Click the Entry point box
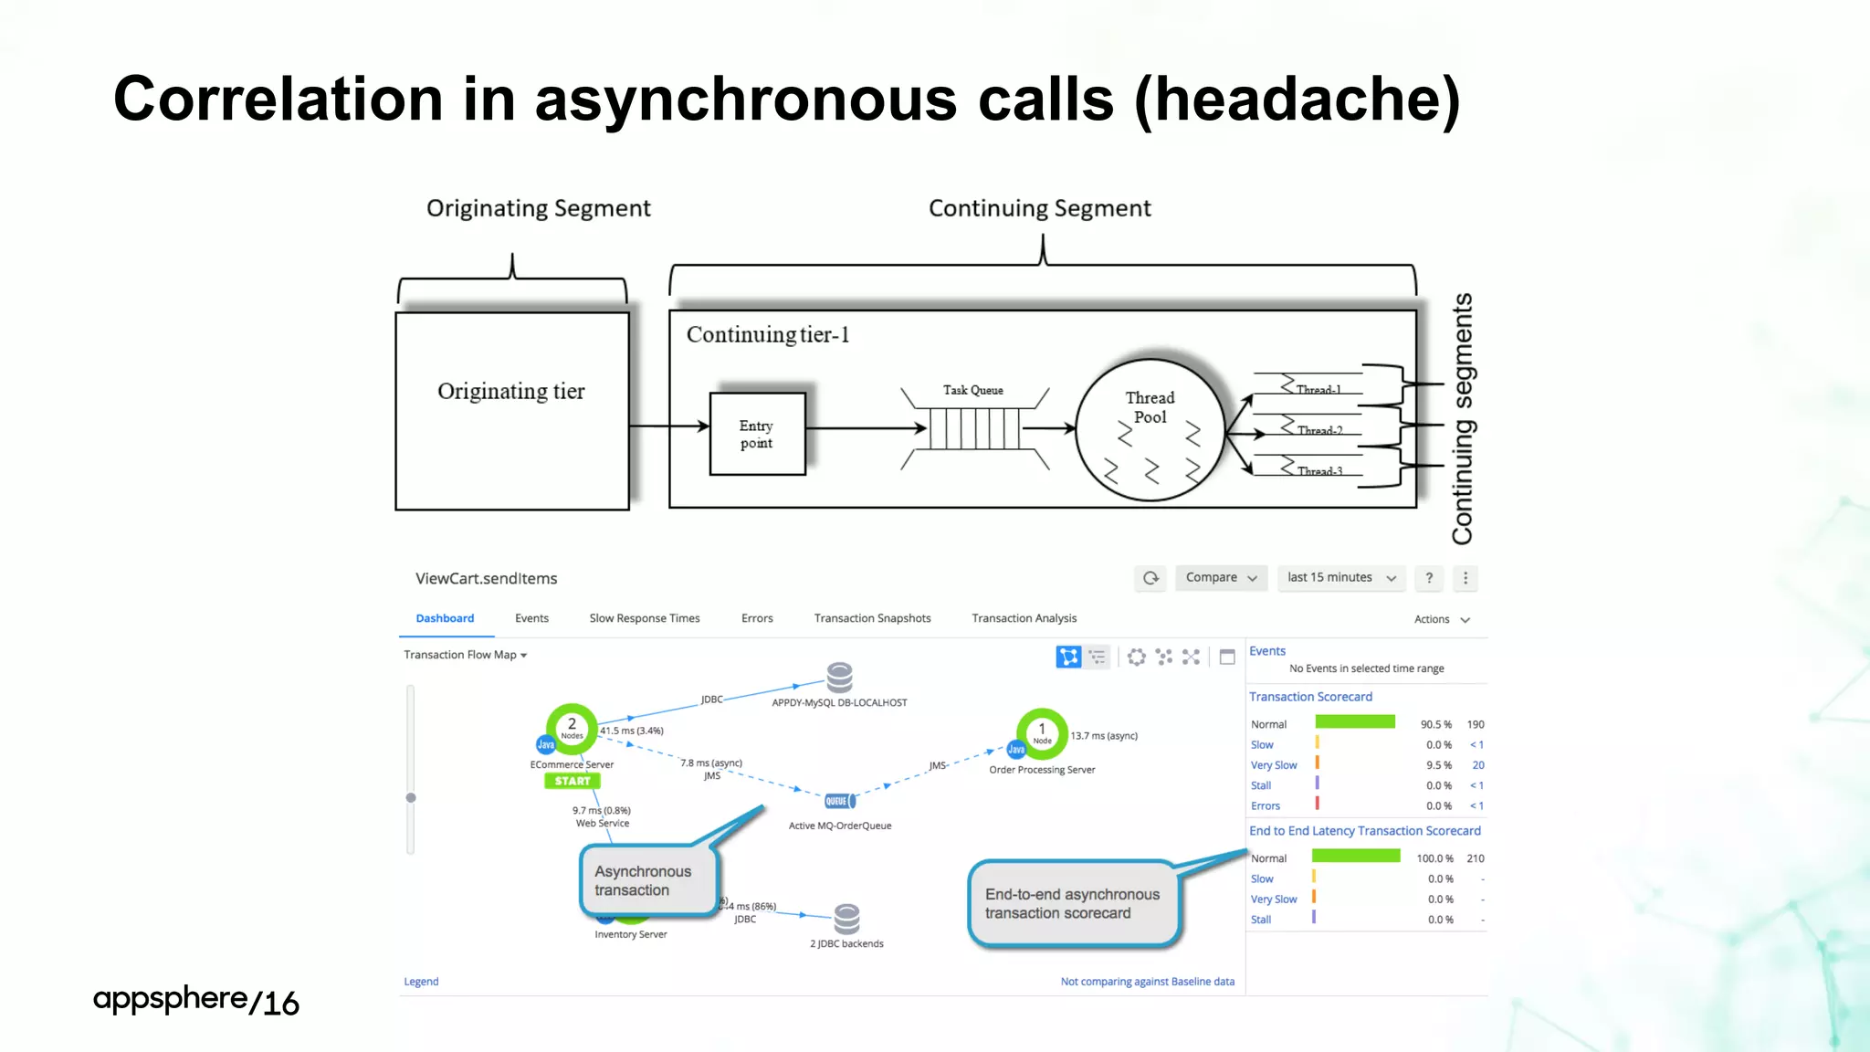[x=757, y=434]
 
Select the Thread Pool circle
[x=1150, y=429]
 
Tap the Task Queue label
[x=972, y=390]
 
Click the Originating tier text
[x=510, y=391]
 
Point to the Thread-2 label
[x=1319, y=430]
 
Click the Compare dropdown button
[x=1221, y=578]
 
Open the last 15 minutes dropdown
[x=1340, y=578]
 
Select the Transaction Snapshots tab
[x=872, y=618]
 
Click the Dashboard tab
[x=445, y=618]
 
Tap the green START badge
[x=573, y=781]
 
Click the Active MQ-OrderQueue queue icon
[x=839, y=801]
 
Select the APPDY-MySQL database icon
[x=839, y=678]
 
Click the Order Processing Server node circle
[x=1042, y=733]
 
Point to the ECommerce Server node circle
[x=573, y=728]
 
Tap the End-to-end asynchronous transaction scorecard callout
[x=1073, y=903]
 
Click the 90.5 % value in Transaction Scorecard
[x=1435, y=724]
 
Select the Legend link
[x=421, y=982]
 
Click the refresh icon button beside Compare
[x=1150, y=578]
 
